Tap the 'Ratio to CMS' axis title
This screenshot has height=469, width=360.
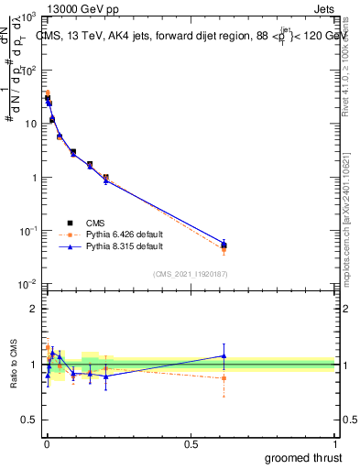[14, 365]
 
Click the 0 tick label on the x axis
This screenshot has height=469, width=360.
[47, 444]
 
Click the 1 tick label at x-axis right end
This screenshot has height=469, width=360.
[334, 444]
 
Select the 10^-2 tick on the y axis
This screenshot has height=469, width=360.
[30, 285]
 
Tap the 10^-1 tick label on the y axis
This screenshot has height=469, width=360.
[30, 232]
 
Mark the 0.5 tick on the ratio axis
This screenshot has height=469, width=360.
[30, 420]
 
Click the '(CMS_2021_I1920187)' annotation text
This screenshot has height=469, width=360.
[191, 273]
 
